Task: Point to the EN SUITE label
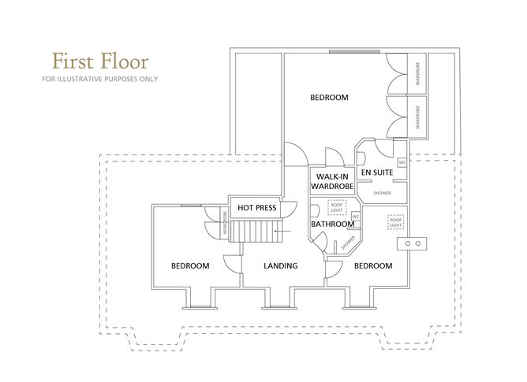click(x=376, y=171)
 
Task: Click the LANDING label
click(x=280, y=266)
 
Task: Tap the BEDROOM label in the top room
click(x=329, y=98)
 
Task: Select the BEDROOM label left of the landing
click(x=190, y=266)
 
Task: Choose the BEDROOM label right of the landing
click(x=372, y=266)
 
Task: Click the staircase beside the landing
click(x=256, y=232)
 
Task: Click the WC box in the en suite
click(x=402, y=163)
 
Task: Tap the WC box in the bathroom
click(x=355, y=217)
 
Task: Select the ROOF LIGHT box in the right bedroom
click(x=394, y=221)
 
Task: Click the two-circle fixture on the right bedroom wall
click(x=413, y=244)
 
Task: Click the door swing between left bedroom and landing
click(x=232, y=265)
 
